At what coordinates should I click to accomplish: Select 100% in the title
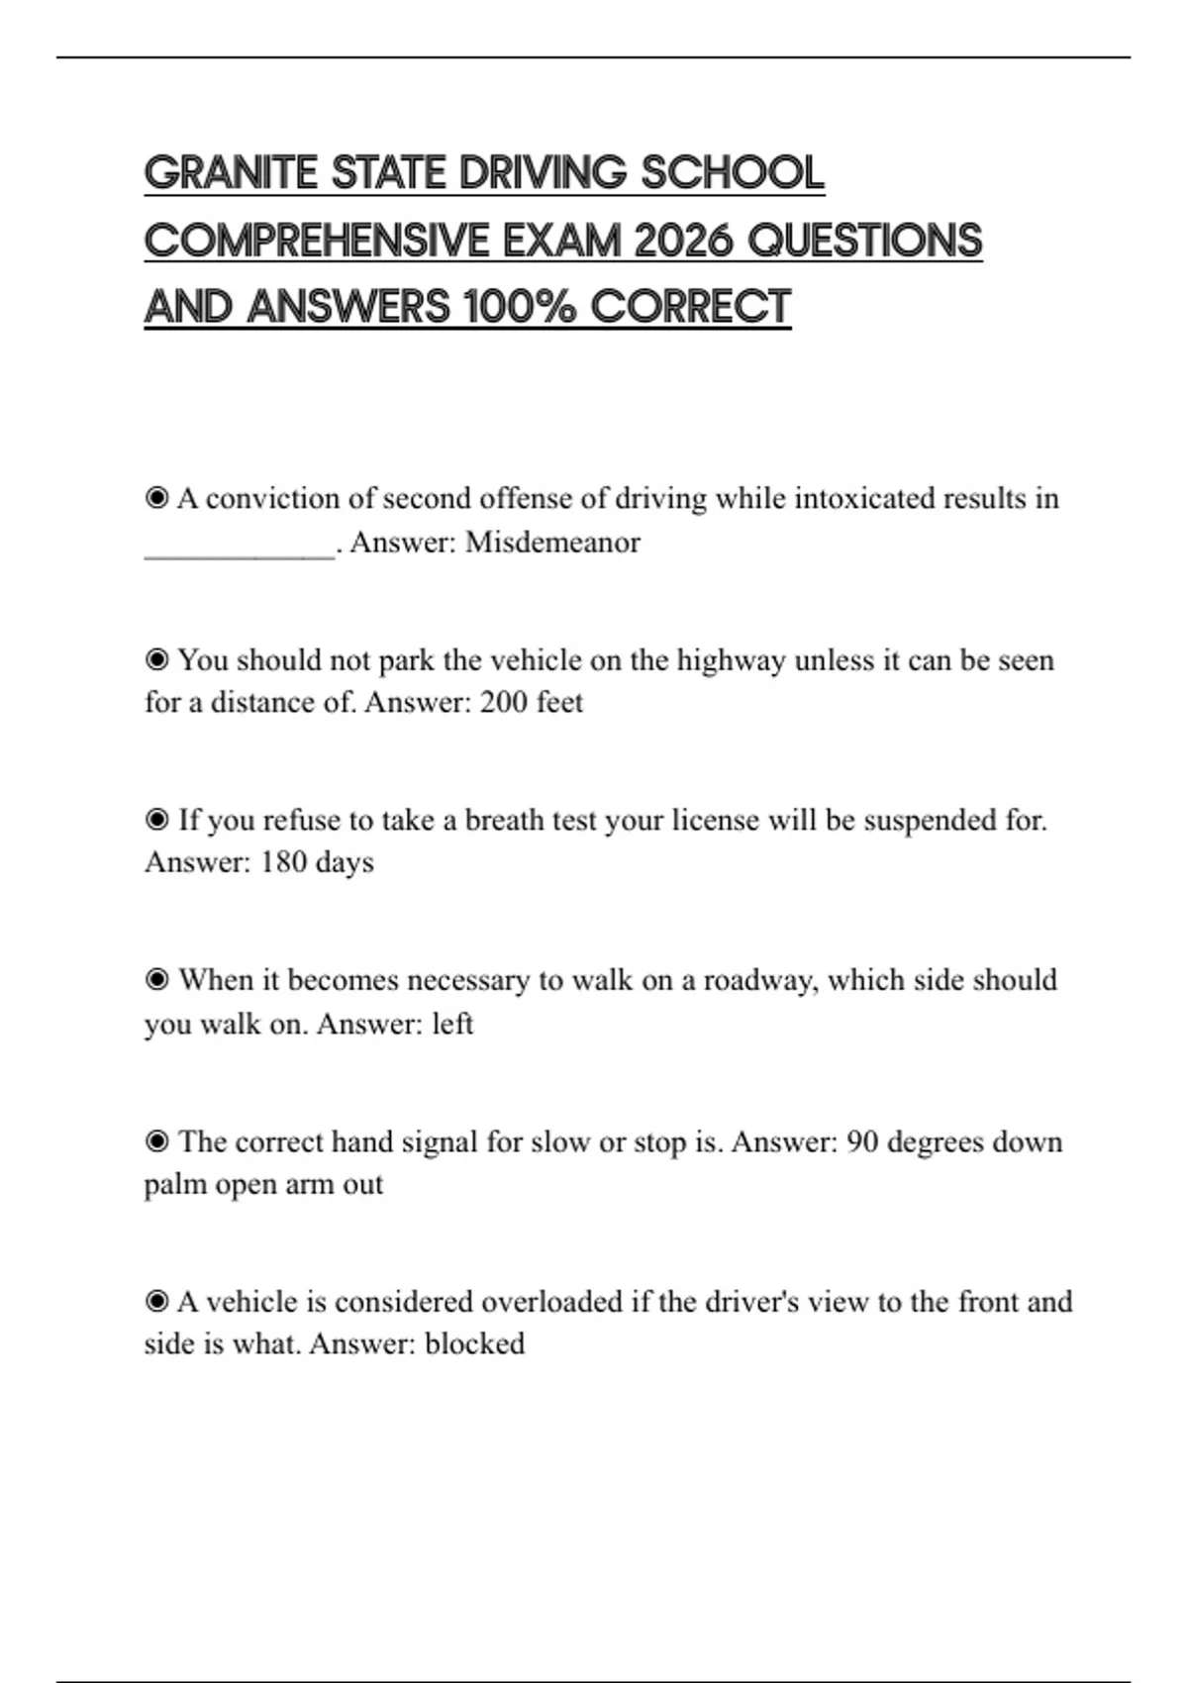520,307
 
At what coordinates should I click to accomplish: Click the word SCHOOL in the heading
733,173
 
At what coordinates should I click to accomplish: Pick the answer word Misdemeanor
552,543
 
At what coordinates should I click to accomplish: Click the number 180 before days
283,862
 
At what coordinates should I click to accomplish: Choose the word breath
505,821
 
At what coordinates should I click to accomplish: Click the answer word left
452,1023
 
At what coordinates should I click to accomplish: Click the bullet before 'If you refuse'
156,820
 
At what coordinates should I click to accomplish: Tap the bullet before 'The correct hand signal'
156,1141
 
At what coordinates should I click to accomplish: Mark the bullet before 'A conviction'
156,498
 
